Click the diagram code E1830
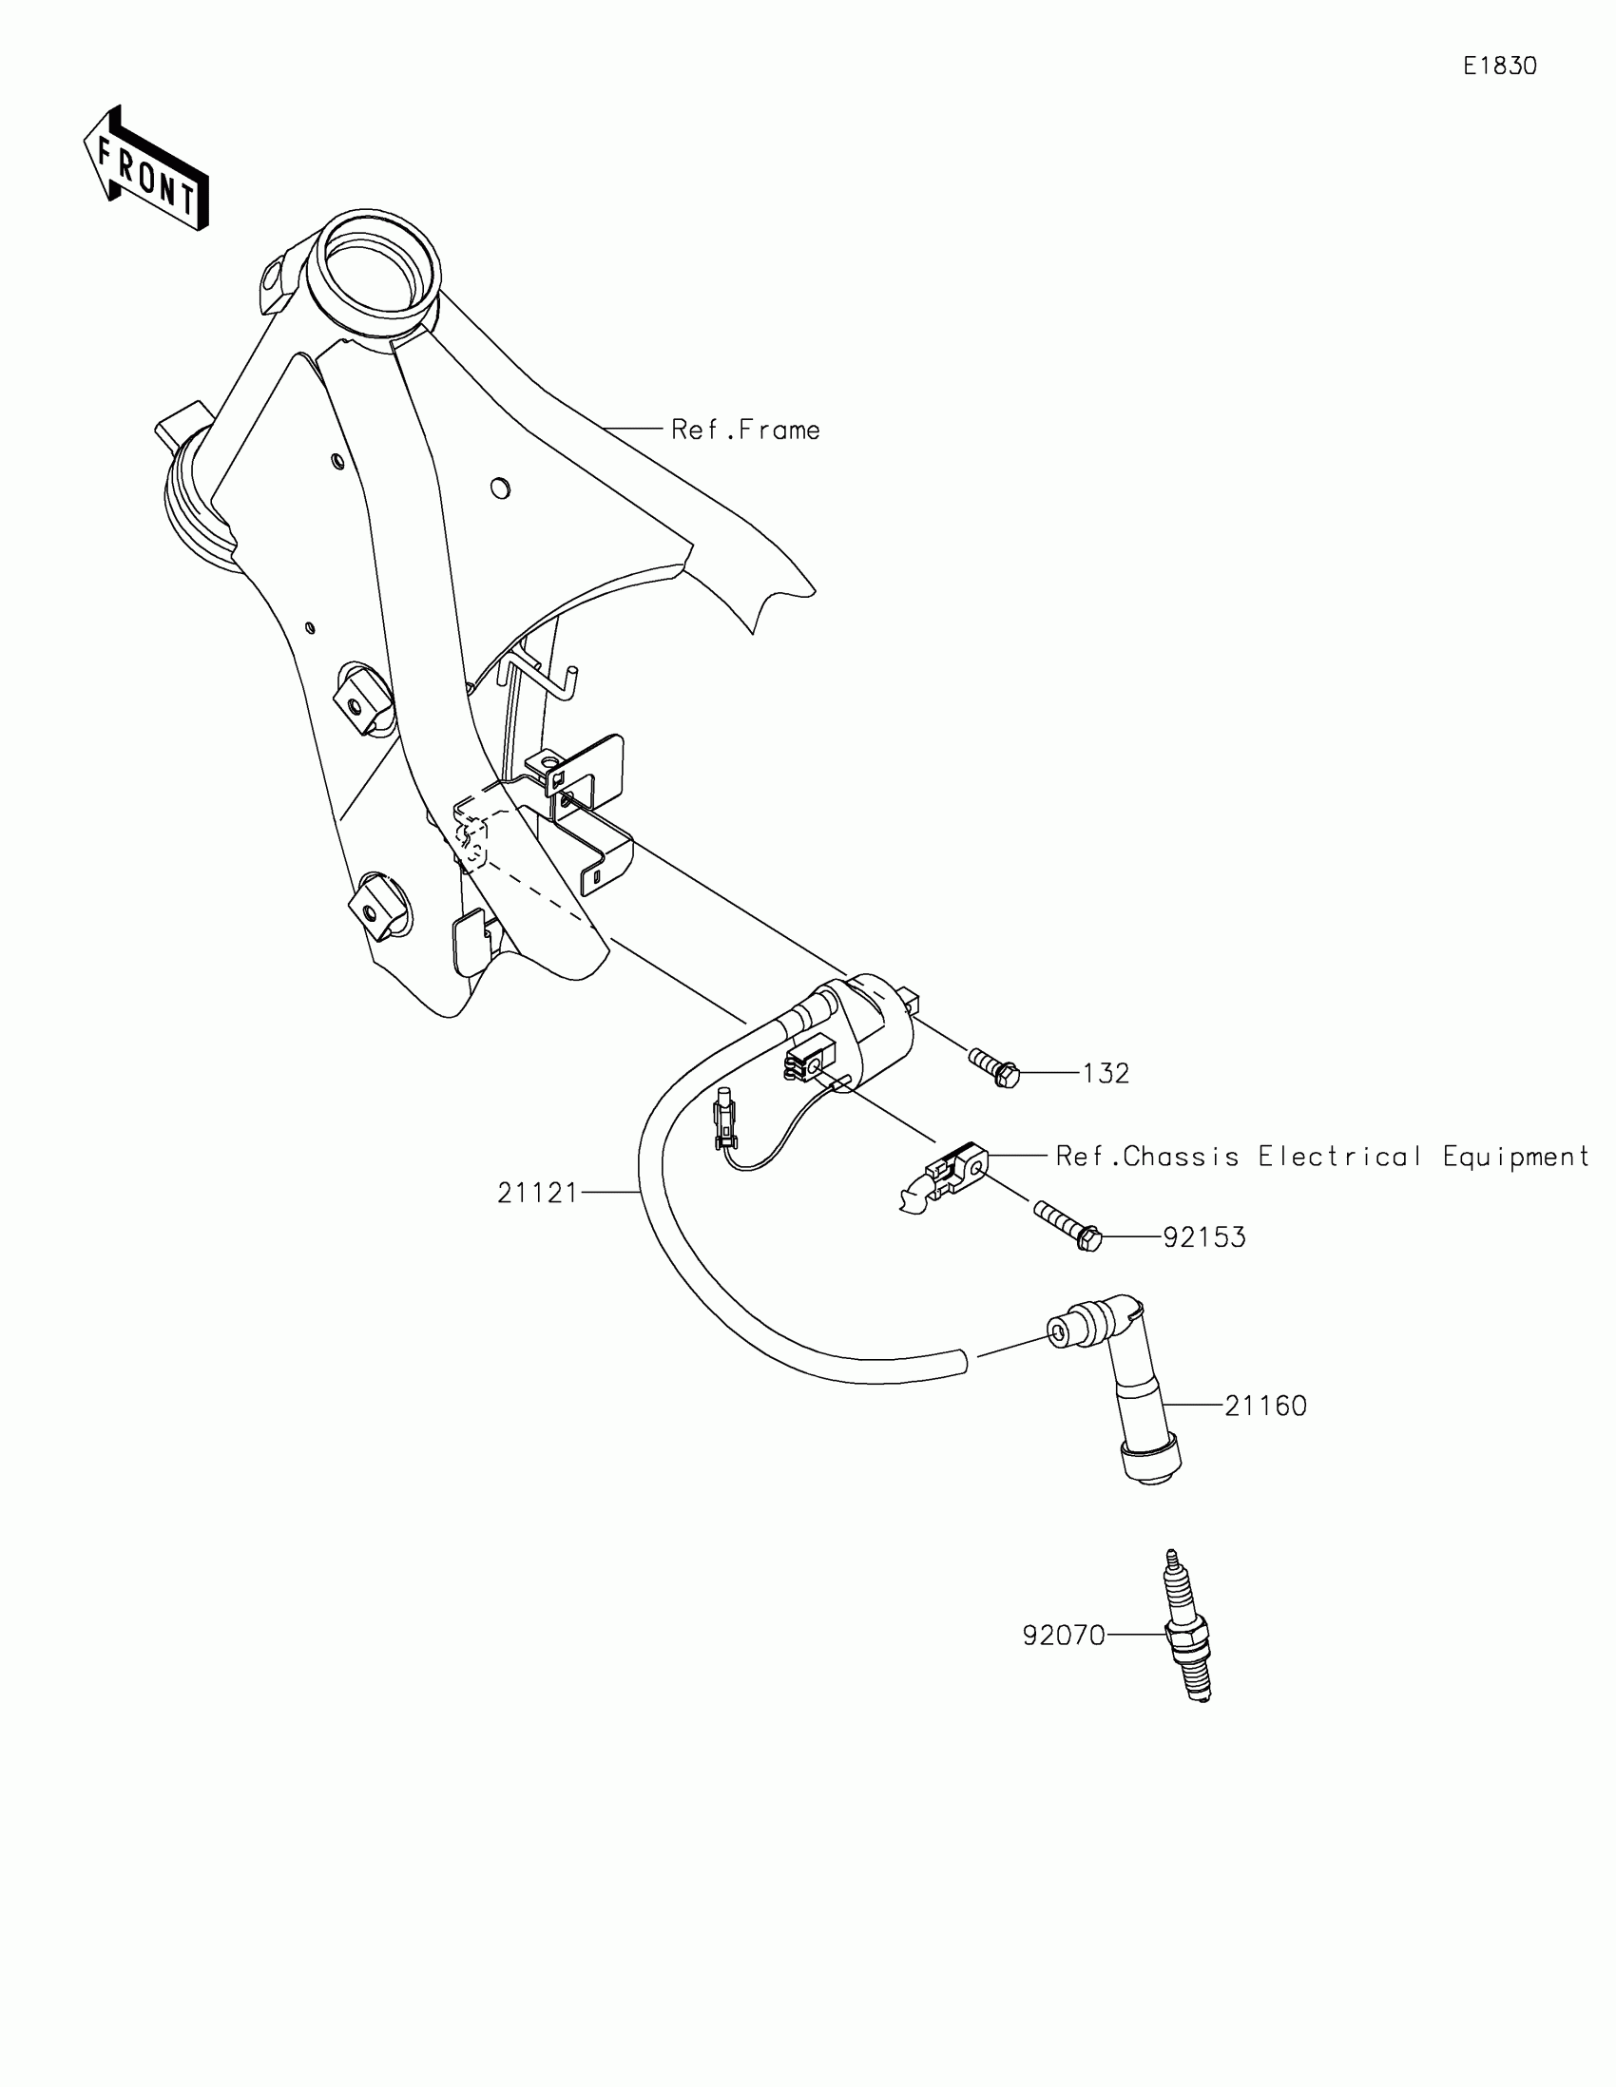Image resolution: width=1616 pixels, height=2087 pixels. pyautogui.click(x=1499, y=66)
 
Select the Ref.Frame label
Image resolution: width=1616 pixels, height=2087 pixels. pyautogui.click(x=745, y=430)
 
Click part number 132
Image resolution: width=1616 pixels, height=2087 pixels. pyautogui.click(x=1106, y=1074)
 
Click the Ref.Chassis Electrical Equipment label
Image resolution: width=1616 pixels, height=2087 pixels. pyautogui.click(x=1321, y=1157)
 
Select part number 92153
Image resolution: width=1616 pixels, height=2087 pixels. pyautogui.click(x=1204, y=1237)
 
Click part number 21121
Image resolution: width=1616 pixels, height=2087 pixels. pyautogui.click(x=537, y=1193)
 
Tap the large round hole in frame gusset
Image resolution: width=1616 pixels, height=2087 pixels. pyautogui.click(x=499, y=488)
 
